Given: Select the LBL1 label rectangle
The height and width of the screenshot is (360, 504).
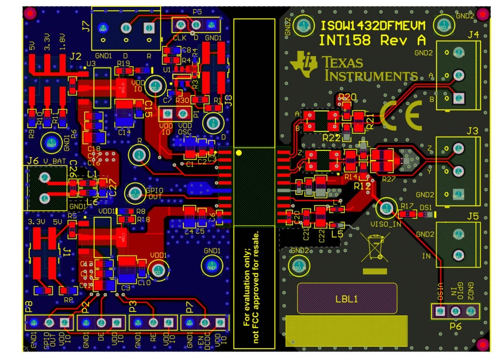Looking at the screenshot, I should (347, 298).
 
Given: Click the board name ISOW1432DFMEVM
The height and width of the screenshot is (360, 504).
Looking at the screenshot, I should (373, 26).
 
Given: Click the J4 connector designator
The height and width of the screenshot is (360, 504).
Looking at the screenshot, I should (473, 35).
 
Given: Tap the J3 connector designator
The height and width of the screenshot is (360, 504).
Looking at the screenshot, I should (471, 131).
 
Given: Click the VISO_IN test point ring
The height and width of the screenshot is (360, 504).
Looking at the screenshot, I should (387, 206).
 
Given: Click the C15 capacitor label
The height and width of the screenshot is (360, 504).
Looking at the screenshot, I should (148, 108).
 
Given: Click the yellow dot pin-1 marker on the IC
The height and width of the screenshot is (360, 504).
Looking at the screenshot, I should (239, 153).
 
